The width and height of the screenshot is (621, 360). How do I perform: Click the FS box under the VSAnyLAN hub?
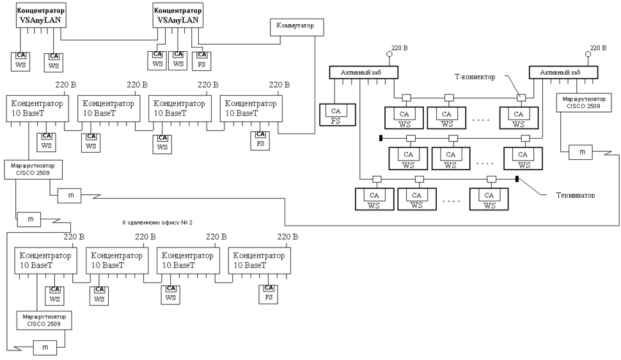click(x=201, y=60)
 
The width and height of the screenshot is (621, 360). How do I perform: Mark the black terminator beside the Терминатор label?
click(x=516, y=179)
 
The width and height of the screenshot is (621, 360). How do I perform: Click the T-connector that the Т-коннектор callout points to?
click(x=521, y=97)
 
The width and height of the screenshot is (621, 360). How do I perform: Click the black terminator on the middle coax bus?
click(x=381, y=137)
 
